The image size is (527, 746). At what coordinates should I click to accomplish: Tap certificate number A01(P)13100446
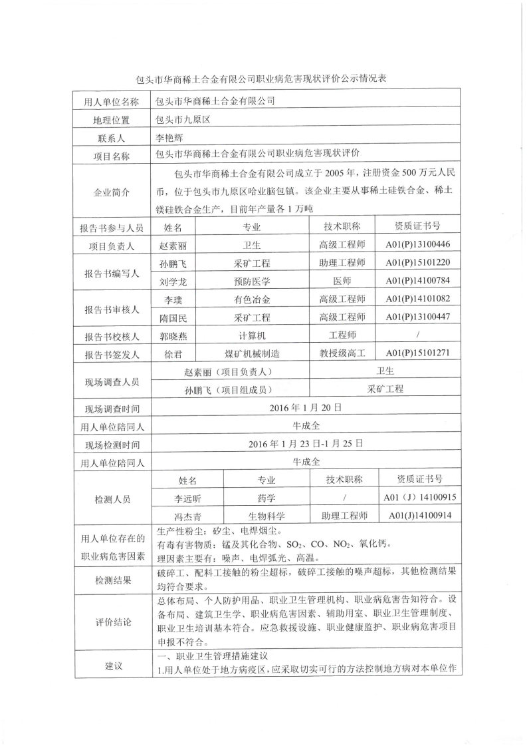click(417, 245)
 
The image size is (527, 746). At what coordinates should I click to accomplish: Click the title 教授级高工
click(342, 353)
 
